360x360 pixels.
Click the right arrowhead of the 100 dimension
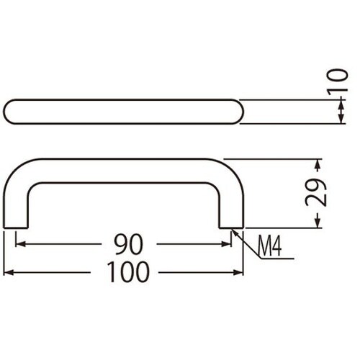coord(240,273)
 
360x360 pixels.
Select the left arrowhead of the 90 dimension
coord(19,244)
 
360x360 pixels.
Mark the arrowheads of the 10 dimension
coord(339,112)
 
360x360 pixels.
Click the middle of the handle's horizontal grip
coord(124,168)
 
